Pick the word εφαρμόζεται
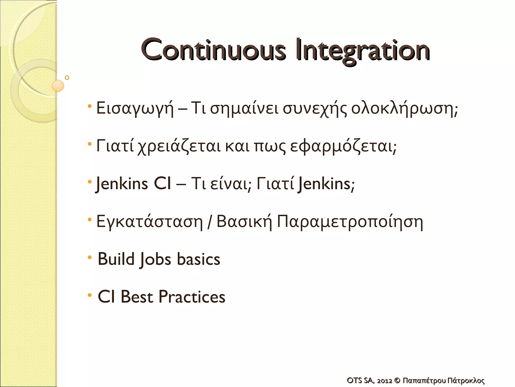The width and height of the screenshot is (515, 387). coord(343,147)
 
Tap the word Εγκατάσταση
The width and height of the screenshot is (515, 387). coord(149,222)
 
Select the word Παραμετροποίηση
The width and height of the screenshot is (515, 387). coord(350,222)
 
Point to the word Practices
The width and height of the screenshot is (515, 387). coord(192,297)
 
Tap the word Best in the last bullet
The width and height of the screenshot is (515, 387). coord(137,297)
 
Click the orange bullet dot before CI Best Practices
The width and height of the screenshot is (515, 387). coord(90,295)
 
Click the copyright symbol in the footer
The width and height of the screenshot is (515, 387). coord(397,380)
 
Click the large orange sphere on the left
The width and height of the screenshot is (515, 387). coord(58,86)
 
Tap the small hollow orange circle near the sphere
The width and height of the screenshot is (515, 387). coord(67,78)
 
